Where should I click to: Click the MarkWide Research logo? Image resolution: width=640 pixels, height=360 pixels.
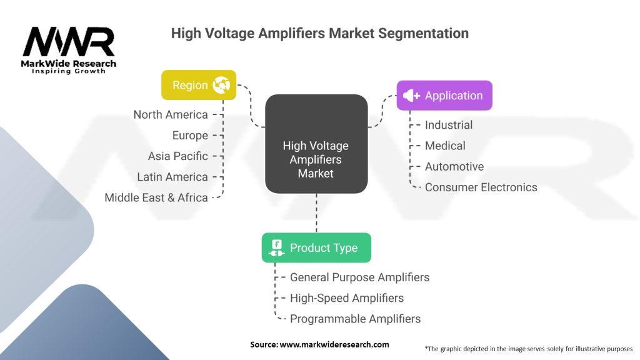click(69, 50)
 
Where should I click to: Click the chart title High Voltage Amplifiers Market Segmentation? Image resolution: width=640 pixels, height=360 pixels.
click(319, 33)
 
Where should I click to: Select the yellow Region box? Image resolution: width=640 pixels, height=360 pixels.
click(199, 85)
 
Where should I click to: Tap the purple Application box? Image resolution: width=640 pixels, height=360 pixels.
click(444, 96)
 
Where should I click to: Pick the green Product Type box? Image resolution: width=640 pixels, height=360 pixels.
click(316, 247)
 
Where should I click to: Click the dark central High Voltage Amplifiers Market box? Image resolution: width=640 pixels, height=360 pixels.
click(316, 159)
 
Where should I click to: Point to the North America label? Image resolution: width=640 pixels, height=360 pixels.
click(170, 114)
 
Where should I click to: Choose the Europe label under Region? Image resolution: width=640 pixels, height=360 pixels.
click(190, 135)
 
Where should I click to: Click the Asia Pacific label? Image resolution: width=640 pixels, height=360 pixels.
click(177, 156)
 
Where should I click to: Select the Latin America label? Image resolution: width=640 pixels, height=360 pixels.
click(172, 177)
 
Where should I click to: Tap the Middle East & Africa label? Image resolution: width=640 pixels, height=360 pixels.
click(156, 197)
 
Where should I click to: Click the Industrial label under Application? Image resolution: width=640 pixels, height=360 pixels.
click(448, 125)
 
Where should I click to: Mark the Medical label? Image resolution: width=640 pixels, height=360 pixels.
click(445, 146)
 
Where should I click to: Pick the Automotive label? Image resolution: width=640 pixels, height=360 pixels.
click(454, 166)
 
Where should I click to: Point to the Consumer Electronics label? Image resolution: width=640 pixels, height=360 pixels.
click(481, 187)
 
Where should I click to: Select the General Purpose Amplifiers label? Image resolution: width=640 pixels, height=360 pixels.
click(359, 277)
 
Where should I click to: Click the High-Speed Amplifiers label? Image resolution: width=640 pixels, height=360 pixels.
click(346, 298)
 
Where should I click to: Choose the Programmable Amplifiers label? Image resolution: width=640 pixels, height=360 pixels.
click(355, 319)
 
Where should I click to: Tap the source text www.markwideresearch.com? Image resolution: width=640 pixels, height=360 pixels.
click(319, 344)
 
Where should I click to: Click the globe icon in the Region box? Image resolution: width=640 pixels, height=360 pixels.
click(221, 85)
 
